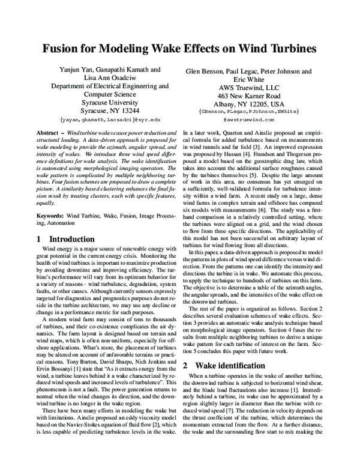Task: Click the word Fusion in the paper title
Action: (61, 50)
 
